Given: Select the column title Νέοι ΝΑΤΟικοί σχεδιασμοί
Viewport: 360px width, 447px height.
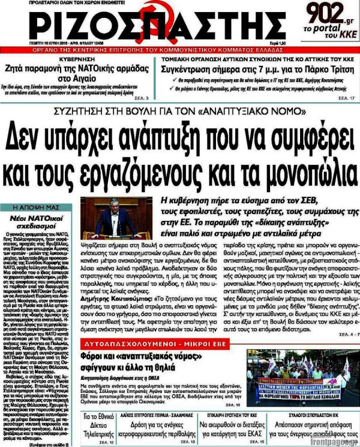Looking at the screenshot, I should (x=38, y=221).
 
